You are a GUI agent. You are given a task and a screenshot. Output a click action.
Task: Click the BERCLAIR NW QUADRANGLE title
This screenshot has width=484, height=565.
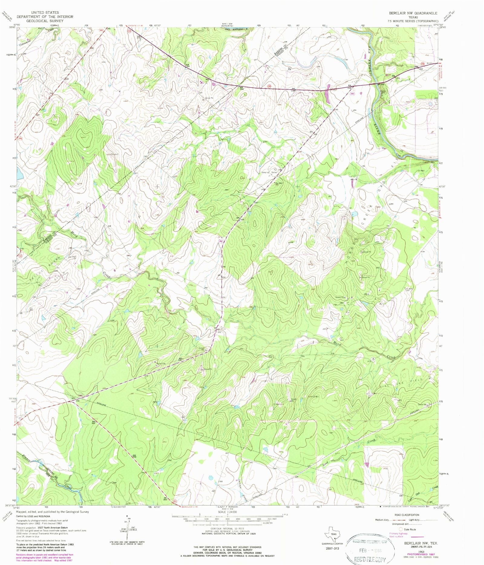(413, 13)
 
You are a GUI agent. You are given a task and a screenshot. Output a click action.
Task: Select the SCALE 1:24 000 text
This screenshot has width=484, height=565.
(227, 512)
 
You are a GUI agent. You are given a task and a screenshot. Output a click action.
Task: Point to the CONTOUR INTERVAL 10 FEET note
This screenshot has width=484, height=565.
(227, 529)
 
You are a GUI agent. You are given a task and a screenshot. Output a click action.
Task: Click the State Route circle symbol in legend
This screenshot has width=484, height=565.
(401, 529)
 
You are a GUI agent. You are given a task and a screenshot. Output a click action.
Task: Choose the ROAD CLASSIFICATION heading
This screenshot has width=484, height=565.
(407, 515)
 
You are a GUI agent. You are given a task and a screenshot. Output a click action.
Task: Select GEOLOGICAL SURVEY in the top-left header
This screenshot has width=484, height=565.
(45, 21)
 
